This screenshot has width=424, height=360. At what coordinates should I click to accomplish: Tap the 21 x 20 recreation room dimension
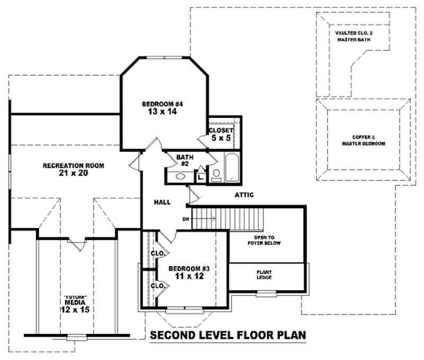[x=73, y=173]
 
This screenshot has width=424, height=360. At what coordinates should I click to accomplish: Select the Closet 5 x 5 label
[x=221, y=134]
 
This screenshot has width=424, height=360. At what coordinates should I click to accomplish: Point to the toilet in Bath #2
[x=216, y=174]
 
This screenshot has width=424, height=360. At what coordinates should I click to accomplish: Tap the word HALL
[x=162, y=202]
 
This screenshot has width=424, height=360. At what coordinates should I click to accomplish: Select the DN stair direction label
[x=185, y=218]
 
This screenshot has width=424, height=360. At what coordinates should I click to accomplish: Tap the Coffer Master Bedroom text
[x=363, y=140]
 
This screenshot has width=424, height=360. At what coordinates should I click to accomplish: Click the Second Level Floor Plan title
[x=227, y=336]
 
